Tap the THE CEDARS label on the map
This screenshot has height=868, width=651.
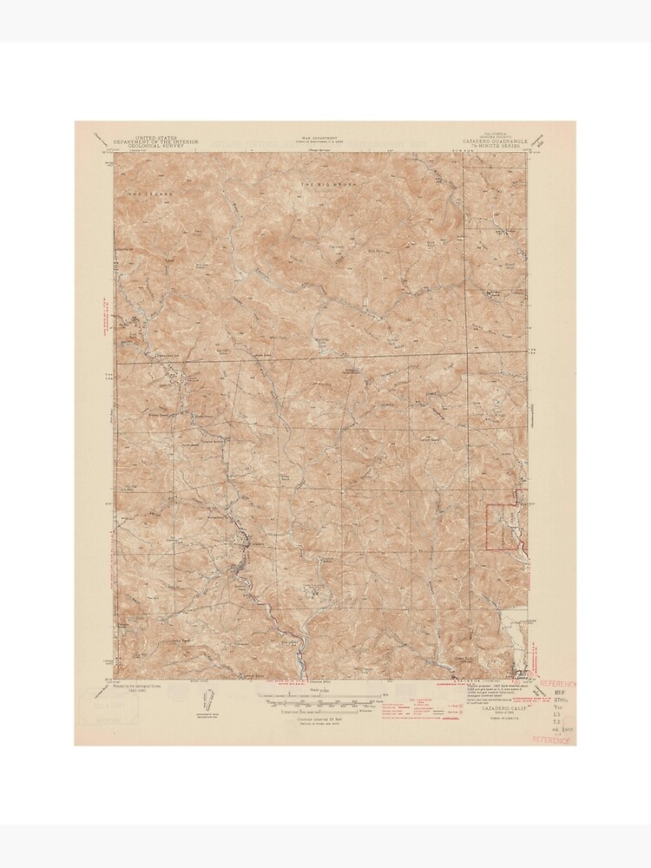tap(149, 191)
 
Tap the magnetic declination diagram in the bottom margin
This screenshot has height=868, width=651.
tap(208, 700)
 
